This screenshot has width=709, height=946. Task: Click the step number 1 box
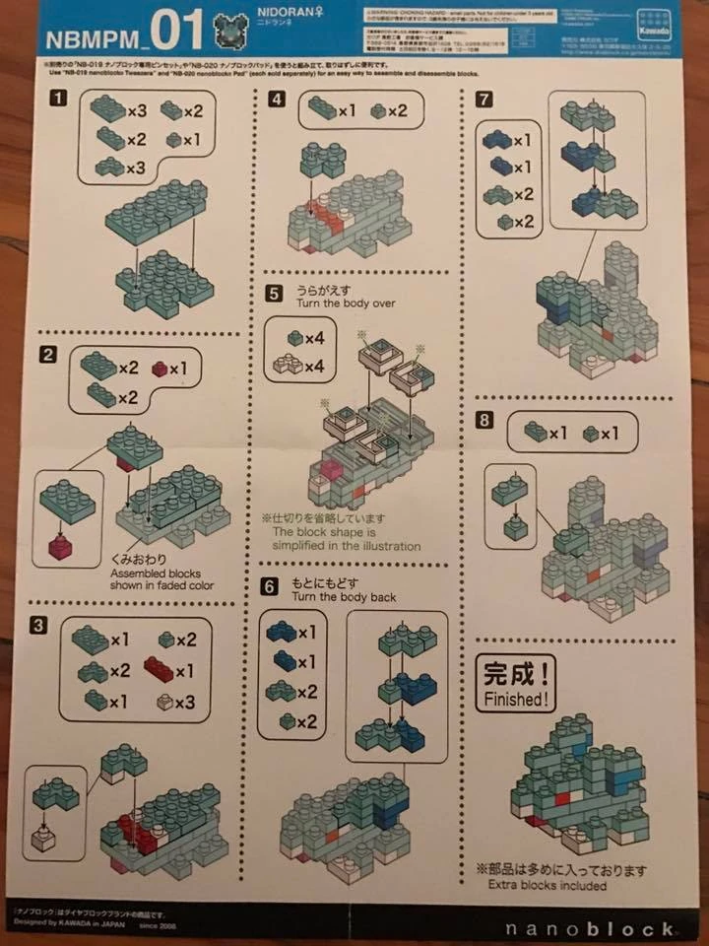coord(60,99)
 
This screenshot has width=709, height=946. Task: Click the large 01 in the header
coord(177,31)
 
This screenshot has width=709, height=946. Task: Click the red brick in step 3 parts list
coord(161,670)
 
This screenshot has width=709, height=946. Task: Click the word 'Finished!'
coord(513,700)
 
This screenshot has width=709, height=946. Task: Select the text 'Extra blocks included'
coord(548,885)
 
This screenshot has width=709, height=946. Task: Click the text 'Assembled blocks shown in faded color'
coord(165,575)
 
